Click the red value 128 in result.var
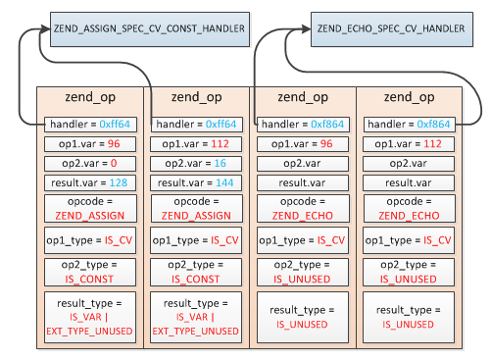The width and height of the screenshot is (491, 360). pos(119,183)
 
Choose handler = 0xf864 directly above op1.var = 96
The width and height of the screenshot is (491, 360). pos(304,125)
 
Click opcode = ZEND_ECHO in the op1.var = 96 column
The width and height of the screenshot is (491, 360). pos(304,208)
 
